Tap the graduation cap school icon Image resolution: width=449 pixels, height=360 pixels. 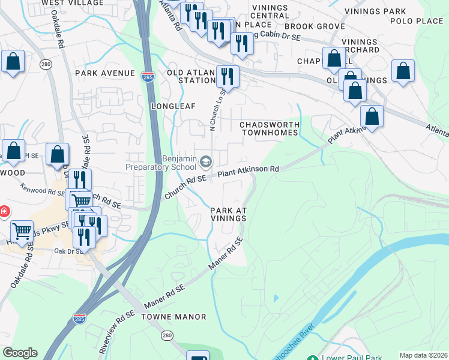206,161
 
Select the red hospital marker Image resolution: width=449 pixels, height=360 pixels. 3,212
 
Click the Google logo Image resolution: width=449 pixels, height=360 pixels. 20,353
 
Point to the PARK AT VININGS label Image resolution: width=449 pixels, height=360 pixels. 228,214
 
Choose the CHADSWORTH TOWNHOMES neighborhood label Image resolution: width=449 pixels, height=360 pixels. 270,128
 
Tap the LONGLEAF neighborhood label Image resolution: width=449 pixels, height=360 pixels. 170,106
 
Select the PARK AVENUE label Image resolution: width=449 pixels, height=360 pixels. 105,73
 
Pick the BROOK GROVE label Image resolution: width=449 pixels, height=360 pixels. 315,26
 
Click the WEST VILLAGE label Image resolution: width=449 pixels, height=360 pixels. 64,2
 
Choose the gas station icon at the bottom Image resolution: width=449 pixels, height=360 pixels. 197,356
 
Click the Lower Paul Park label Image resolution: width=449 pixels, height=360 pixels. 351,358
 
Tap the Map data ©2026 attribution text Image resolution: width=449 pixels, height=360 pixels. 424,355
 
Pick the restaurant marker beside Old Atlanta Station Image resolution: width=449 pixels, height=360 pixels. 228,76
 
